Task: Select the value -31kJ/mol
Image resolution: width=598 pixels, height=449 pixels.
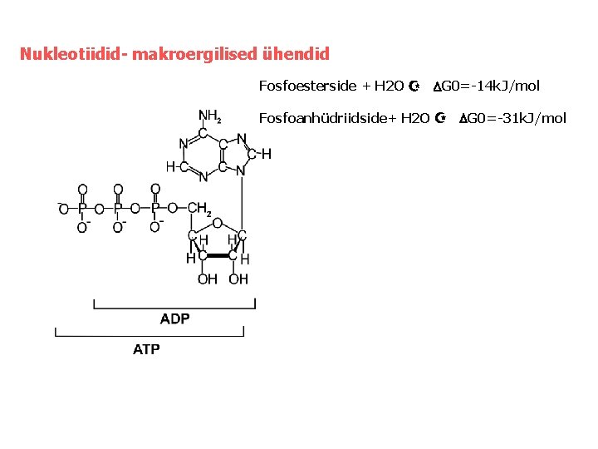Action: click(x=528, y=118)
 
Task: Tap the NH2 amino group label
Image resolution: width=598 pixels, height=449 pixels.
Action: click(x=208, y=117)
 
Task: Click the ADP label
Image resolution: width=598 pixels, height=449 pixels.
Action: click(x=175, y=319)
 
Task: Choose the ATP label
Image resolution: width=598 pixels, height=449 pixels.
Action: click(x=147, y=349)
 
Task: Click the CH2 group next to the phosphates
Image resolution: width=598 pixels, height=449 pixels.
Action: click(x=200, y=210)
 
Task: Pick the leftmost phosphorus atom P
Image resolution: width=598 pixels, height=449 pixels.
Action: click(x=81, y=208)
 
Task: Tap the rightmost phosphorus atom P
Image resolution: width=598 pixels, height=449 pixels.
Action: click(x=155, y=208)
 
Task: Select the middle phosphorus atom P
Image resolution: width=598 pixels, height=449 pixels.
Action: click(x=118, y=208)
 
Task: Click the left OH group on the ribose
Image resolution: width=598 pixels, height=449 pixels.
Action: click(x=207, y=279)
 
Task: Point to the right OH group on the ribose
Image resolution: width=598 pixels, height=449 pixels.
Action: click(x=238, y=279)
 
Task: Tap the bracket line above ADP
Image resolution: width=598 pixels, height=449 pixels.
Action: click(x=175, y=306)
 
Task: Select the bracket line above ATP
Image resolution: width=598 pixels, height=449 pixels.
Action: click(x=149, y=335)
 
